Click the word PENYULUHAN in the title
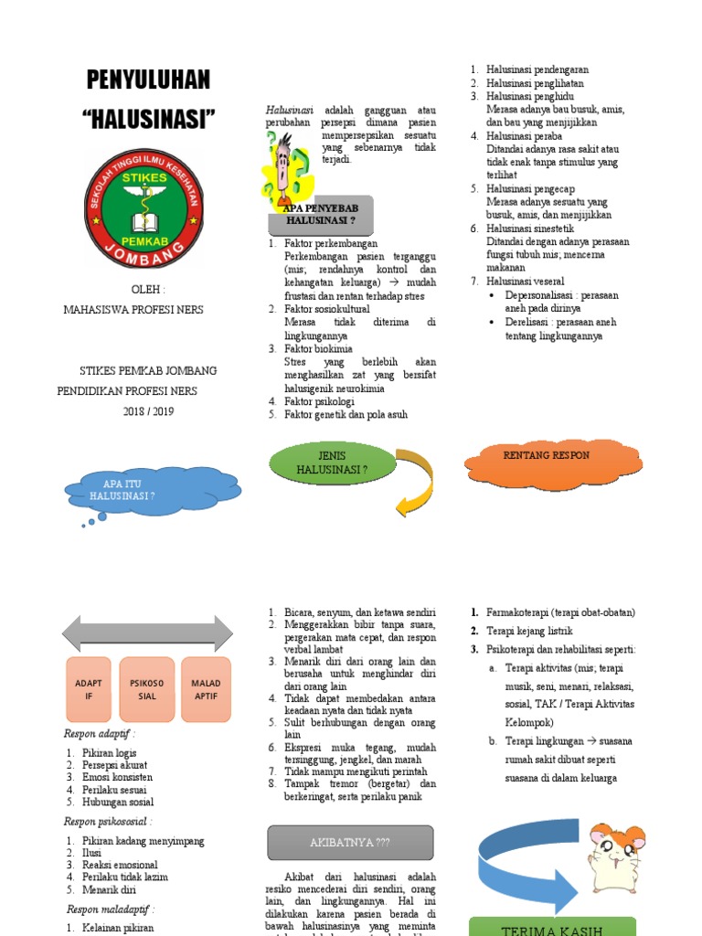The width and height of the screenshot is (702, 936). [x=148, y=80]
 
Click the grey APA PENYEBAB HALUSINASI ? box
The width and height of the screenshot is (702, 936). [x=320, y=216]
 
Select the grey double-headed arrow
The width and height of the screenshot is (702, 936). [x=147, y=633]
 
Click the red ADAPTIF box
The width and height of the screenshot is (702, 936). [x=90, y=689]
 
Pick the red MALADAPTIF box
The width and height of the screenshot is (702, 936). [x=206, y=689]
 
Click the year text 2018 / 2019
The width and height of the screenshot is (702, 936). [x=148, y=411]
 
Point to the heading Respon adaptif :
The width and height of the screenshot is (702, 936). [x=100, y=733]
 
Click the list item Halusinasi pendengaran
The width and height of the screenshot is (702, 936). [x=537, y=69]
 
